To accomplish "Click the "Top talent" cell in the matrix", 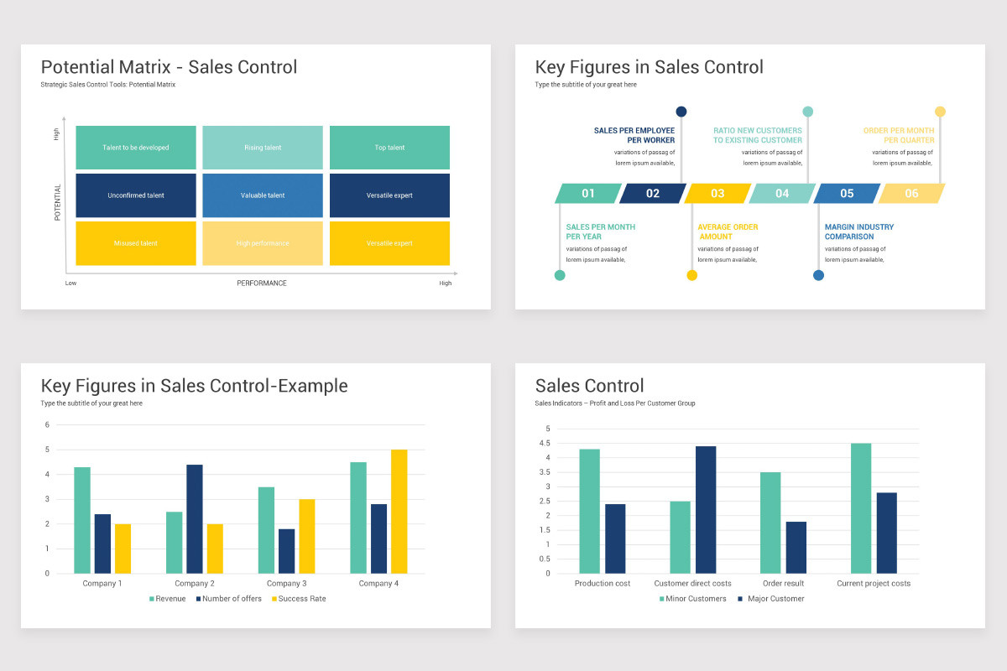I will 389,148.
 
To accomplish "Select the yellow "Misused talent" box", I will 136,243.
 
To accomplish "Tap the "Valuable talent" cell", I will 263,195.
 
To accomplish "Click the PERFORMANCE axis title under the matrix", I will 261,283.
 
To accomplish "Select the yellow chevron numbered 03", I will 717,194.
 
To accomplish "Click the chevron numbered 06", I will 911,194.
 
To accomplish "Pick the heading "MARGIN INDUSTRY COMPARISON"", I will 858,231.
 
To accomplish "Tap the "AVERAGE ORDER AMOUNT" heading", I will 728,231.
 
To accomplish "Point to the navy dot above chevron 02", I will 681,112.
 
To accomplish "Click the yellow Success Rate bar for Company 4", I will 399,512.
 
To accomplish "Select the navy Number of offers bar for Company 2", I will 194,518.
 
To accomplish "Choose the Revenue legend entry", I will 168,599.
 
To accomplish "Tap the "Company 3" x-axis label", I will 286,584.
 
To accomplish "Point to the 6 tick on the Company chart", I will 47,424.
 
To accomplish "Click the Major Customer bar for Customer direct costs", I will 706,510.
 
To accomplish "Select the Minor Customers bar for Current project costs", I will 861,508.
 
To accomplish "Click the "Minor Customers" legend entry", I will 692,599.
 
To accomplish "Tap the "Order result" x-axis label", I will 783,584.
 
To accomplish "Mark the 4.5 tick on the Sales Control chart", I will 547,444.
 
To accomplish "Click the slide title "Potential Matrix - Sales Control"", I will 169,67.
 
